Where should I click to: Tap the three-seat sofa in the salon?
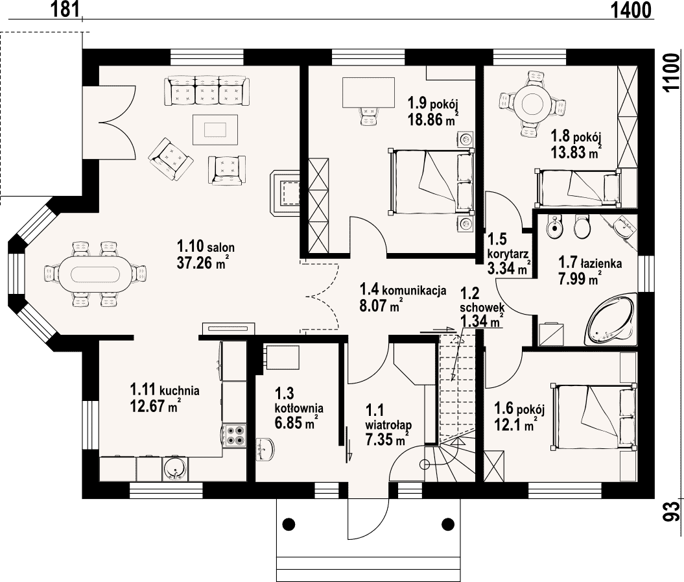(x=207, y=91)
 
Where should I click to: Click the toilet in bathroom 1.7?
(x=582, y=226)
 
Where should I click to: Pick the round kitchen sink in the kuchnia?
(x=176, y=469)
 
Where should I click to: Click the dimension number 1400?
(x=630, y=10)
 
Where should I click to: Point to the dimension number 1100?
(x=671, y=73)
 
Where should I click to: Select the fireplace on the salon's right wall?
(x=285, y=193)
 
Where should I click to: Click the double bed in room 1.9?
(x=431, y=181)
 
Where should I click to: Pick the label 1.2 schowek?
(x=482, y=300)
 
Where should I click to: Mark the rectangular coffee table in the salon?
(x=215, y=130)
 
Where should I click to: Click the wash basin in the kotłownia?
(x=265, y=449)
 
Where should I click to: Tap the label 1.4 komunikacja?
(x=403, y=289)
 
